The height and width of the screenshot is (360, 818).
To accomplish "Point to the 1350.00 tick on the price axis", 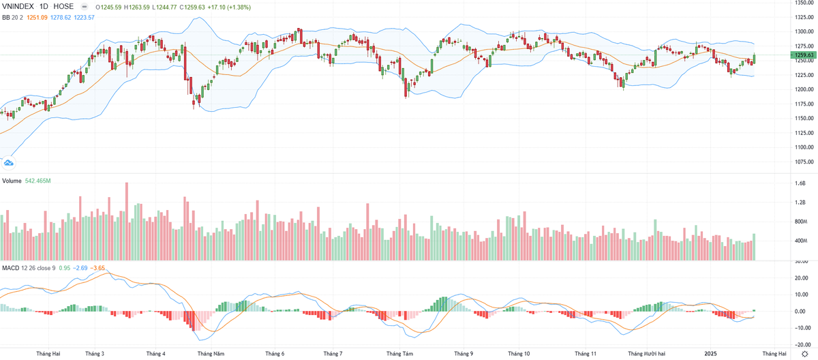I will pos(804,3).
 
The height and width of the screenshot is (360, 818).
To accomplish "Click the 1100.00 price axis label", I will pos(804,147).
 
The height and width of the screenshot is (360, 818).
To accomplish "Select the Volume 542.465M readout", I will pos(38,181).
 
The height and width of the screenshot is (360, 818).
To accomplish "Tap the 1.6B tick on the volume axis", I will pos(800,183).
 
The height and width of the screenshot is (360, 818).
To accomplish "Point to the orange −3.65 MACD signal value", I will pos(99,267).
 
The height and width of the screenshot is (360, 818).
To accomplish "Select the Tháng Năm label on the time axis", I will pos(211,354).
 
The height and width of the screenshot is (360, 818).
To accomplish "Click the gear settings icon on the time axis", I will pos(804,354).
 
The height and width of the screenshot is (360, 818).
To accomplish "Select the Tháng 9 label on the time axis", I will pos(463,354).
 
